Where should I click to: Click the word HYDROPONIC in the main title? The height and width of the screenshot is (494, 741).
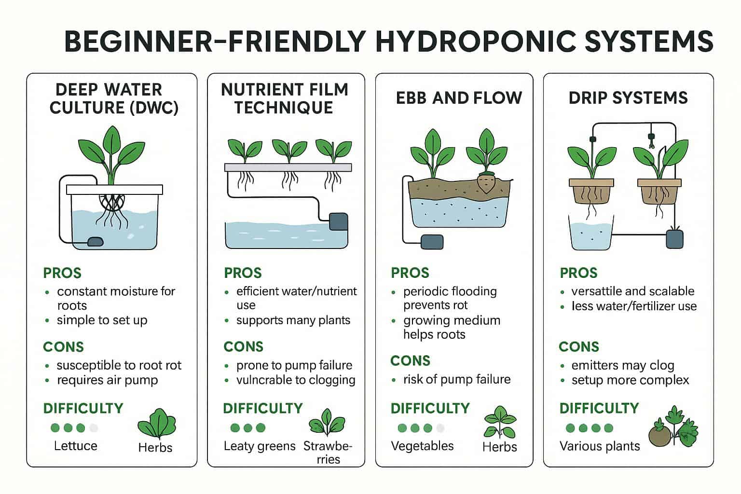point(477,41)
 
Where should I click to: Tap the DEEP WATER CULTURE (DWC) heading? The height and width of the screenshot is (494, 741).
point(114,98)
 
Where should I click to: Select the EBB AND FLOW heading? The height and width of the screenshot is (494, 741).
point(459,98)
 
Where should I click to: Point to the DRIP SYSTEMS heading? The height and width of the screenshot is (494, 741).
point(628,98)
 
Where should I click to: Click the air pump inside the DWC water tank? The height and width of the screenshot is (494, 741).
point(95,242)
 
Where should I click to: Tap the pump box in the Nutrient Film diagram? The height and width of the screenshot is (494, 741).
point(338,221)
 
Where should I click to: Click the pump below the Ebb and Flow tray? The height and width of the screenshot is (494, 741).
point(432,242)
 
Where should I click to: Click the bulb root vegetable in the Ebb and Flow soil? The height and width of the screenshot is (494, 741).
point(486,183)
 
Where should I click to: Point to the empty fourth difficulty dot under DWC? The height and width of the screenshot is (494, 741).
point(94,428)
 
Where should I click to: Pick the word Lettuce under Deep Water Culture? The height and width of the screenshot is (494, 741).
point(75,446)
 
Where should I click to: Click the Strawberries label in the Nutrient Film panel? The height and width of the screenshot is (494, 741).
point(328,453)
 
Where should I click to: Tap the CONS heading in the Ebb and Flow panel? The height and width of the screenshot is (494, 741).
point(410,361)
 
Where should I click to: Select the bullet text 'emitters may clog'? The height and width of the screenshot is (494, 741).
point(623,365)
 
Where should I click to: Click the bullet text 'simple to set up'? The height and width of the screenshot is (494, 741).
point(102,320)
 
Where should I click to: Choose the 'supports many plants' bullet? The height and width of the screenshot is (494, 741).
point(293,320)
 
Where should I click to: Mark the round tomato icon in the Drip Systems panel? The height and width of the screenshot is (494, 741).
point(659,436)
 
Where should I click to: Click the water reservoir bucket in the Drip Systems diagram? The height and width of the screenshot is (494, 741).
point(591,233)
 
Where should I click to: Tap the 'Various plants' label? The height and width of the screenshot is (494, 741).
point(600,446)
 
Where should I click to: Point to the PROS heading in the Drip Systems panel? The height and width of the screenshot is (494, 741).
point(578,273)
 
